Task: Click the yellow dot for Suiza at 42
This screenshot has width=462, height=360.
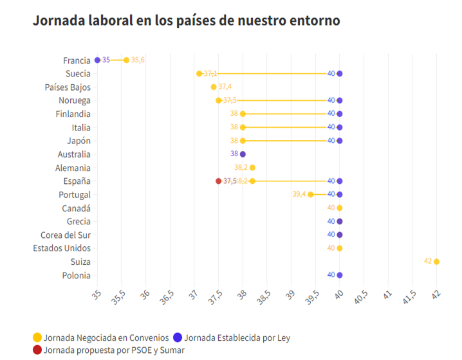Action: point(436,262)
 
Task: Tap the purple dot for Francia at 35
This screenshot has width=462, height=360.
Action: point(98,60)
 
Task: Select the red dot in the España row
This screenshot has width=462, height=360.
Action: point(219,181)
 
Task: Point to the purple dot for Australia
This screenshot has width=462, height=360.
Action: point(243,154)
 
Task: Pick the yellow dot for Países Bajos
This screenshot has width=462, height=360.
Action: point(214,87)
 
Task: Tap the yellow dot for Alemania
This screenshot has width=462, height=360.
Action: point(252,168)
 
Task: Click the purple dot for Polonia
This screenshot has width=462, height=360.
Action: point(340,275)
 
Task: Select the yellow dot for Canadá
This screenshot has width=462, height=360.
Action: point(340,208)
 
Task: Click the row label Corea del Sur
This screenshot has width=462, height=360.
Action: point(65,235)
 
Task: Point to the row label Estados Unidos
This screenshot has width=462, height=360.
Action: point(62,248)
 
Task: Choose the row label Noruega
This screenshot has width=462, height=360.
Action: point(74,100)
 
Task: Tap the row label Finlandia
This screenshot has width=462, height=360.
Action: point(73,114)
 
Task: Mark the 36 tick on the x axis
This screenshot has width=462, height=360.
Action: point(145,296)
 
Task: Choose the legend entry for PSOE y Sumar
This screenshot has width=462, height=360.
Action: point(113,350)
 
